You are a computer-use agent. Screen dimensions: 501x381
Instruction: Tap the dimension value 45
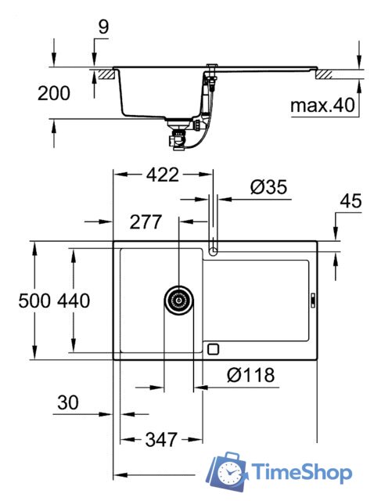[x=350, y=200]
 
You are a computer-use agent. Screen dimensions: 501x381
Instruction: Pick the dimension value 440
[x=74, y=300]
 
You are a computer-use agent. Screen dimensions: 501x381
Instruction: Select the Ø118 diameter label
[x=251, y=375]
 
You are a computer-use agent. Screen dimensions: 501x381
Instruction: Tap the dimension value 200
[x=53, y=93]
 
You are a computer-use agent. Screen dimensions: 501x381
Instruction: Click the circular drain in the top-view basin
[x=179, y=300]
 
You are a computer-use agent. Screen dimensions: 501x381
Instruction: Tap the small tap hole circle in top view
[x=214, y=250]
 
